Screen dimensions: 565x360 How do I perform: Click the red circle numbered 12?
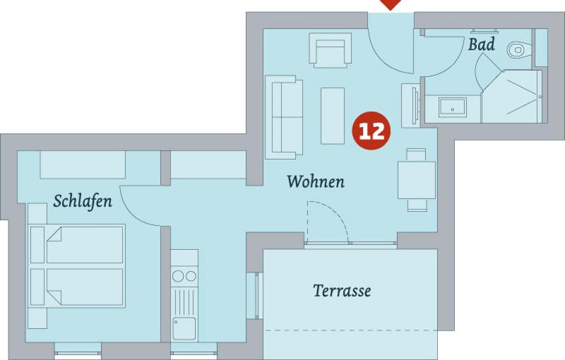[371, 131]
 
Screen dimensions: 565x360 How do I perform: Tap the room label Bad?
[481, 44]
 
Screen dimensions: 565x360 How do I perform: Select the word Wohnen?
[316, 181]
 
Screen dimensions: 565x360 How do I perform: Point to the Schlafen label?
[83, 200]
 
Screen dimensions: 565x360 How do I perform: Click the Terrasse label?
[342, 290]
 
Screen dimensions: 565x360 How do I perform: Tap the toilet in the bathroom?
[519, 49]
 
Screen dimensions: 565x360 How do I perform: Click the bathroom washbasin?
[453, 107]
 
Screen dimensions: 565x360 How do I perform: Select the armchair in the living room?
[330, 49]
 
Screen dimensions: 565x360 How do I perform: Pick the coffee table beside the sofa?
[333, 116]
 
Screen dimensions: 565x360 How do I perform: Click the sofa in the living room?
[284, 117]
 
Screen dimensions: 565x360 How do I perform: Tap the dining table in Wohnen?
[417, 180]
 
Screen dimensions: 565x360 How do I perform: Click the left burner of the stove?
[178, 276]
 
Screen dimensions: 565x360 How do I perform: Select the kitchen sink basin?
[184, 328]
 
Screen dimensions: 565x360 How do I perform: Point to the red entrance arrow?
[391, 4]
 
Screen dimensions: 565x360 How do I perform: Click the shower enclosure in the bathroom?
[511, 96]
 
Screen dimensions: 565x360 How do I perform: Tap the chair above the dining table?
[416, 155]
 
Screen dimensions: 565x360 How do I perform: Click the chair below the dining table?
[417, 205]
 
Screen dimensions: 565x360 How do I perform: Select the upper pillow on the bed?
[37, 244]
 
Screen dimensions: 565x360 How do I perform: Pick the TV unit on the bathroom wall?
[410, 105]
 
